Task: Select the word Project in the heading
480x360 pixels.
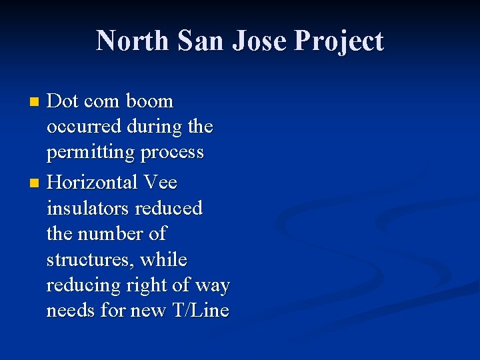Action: pyautogui.click(x=339, y=42)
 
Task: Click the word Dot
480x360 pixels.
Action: pyautogui.click(x=63, y=101)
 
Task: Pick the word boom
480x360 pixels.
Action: pyautogui.click(x=149, y=101)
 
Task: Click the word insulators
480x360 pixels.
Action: pyautogui.click(x=87, y=208)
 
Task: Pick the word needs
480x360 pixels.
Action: pyautogui.click(x=71, y=311)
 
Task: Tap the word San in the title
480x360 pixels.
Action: pyautogui.click(x=201, y=41)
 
